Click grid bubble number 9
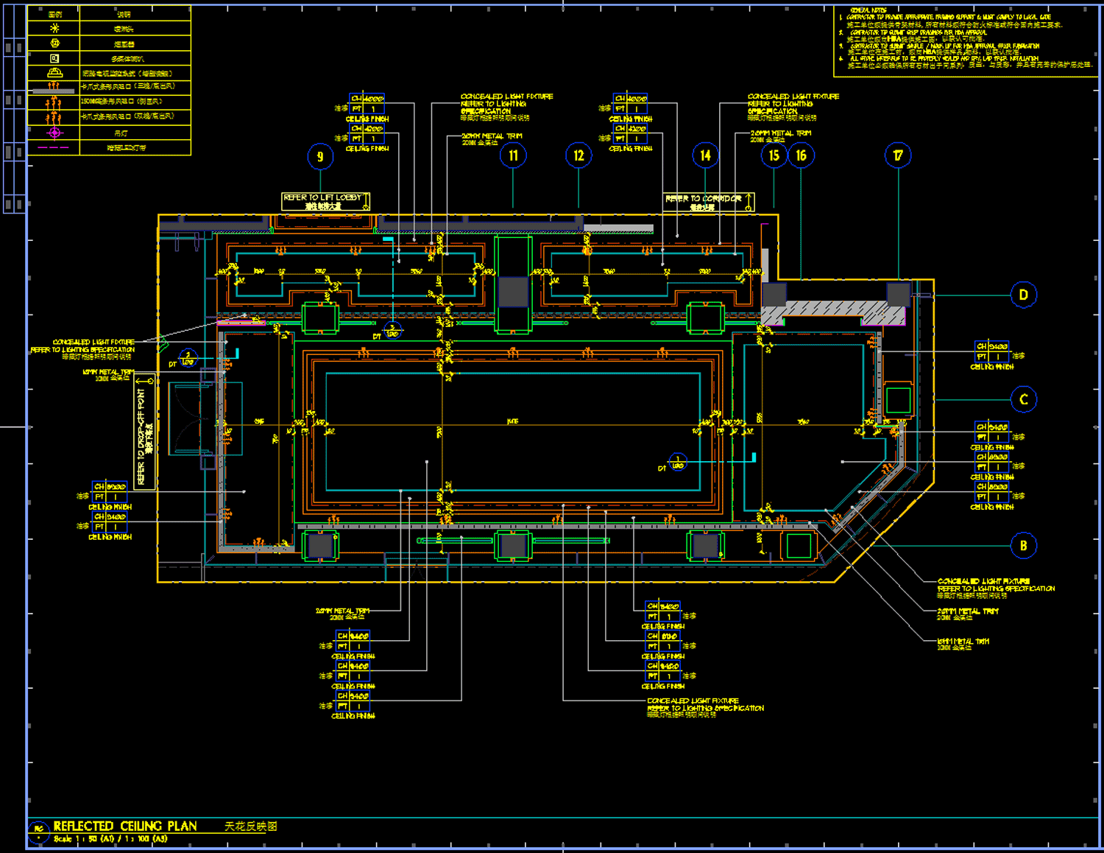(x=320, y=156)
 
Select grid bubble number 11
(x=513, y=155)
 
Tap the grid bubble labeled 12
(x=578, y=155)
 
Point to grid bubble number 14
(x=705, y=155)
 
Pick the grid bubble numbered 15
(x=774, y=155)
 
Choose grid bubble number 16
(x=801, y=155)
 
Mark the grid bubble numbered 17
(x=898, y=155)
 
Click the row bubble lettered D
(x=1023, y=295)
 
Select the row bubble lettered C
(x=1023, y=399)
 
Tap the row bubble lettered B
(x=1023, y=546)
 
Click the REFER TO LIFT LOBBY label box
(x=325, y=201)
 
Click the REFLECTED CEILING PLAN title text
(x=125, y=826)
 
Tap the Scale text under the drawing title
(x=110, y=839)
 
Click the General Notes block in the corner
(x=965, y=41)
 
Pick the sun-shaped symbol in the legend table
(x=54, y=29)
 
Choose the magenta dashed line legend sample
(x=53, y=148)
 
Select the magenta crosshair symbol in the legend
(x=54, y=133)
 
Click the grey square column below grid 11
(x=513, y=292)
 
